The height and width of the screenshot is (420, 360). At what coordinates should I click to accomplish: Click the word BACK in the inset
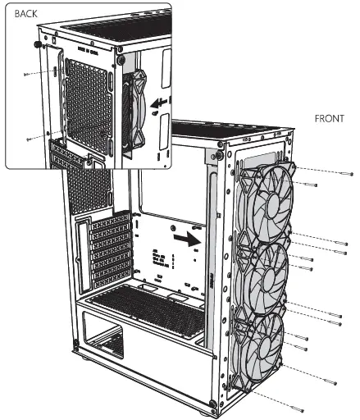[27, 15]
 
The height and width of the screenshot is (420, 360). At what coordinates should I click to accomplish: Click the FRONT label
[329, 118]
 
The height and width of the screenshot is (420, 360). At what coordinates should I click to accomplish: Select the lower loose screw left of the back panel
[30, 137]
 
